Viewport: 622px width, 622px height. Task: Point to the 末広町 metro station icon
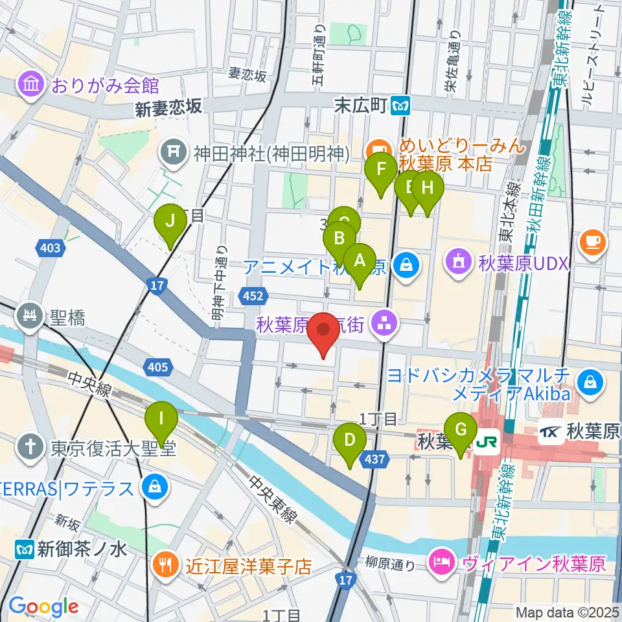point(403,103)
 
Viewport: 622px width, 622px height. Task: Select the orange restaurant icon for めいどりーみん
point(376,147)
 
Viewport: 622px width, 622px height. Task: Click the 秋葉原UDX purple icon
point(459,264)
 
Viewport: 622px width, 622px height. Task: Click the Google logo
point(44,606)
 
